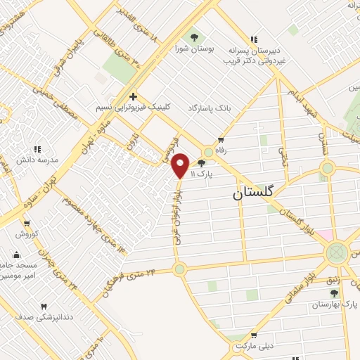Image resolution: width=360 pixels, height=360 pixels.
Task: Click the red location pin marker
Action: tap(181, 165)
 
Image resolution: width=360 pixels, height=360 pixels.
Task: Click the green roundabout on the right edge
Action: tap(337, 251)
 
